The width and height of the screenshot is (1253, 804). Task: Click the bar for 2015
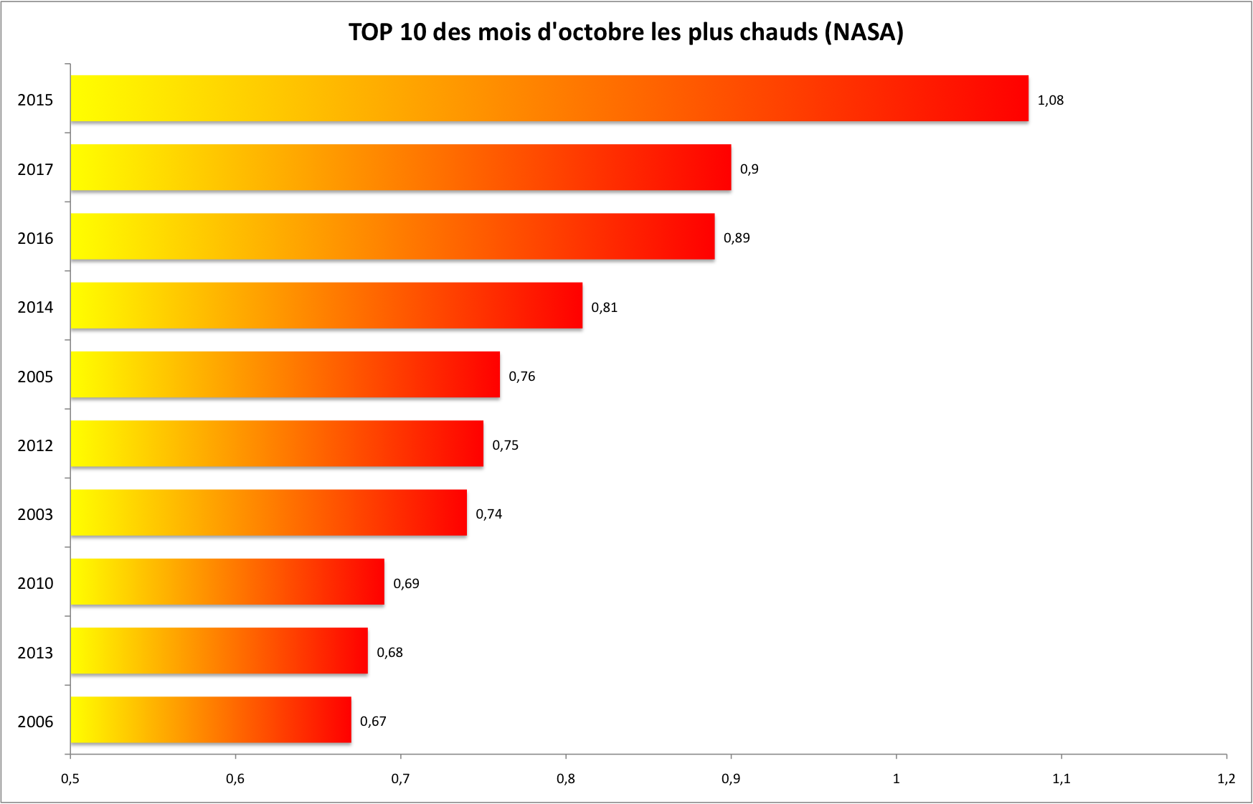tap(549, 99)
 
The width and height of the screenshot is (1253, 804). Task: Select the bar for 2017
tap(400, 168)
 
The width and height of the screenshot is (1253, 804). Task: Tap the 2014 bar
tap(326, 306)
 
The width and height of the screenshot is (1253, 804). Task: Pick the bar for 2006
tap(211, 720)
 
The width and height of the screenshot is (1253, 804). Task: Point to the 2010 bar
tap(227, 582)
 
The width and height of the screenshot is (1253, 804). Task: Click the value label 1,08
tap(1050, 100)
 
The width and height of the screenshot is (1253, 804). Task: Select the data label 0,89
tap(737, 238)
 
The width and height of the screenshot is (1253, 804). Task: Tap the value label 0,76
tap(521, 377)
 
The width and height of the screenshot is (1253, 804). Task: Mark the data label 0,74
tap(488, 514)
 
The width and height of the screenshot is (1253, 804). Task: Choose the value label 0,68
tap(389, 653)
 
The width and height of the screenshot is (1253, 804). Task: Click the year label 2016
tap(35, 239)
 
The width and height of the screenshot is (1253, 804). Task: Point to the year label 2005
tap(35, 377)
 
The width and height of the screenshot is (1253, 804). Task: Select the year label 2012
tap(35, 446)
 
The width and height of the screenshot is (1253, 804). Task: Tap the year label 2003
tap(35, 515)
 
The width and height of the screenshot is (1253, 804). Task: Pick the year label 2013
tap(35, 653)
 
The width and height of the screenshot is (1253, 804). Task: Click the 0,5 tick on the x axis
tap(70, 779)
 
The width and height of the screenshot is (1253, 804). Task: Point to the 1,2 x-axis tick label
tap(1226, 779)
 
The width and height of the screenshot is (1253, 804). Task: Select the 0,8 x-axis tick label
tap(565, 779)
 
